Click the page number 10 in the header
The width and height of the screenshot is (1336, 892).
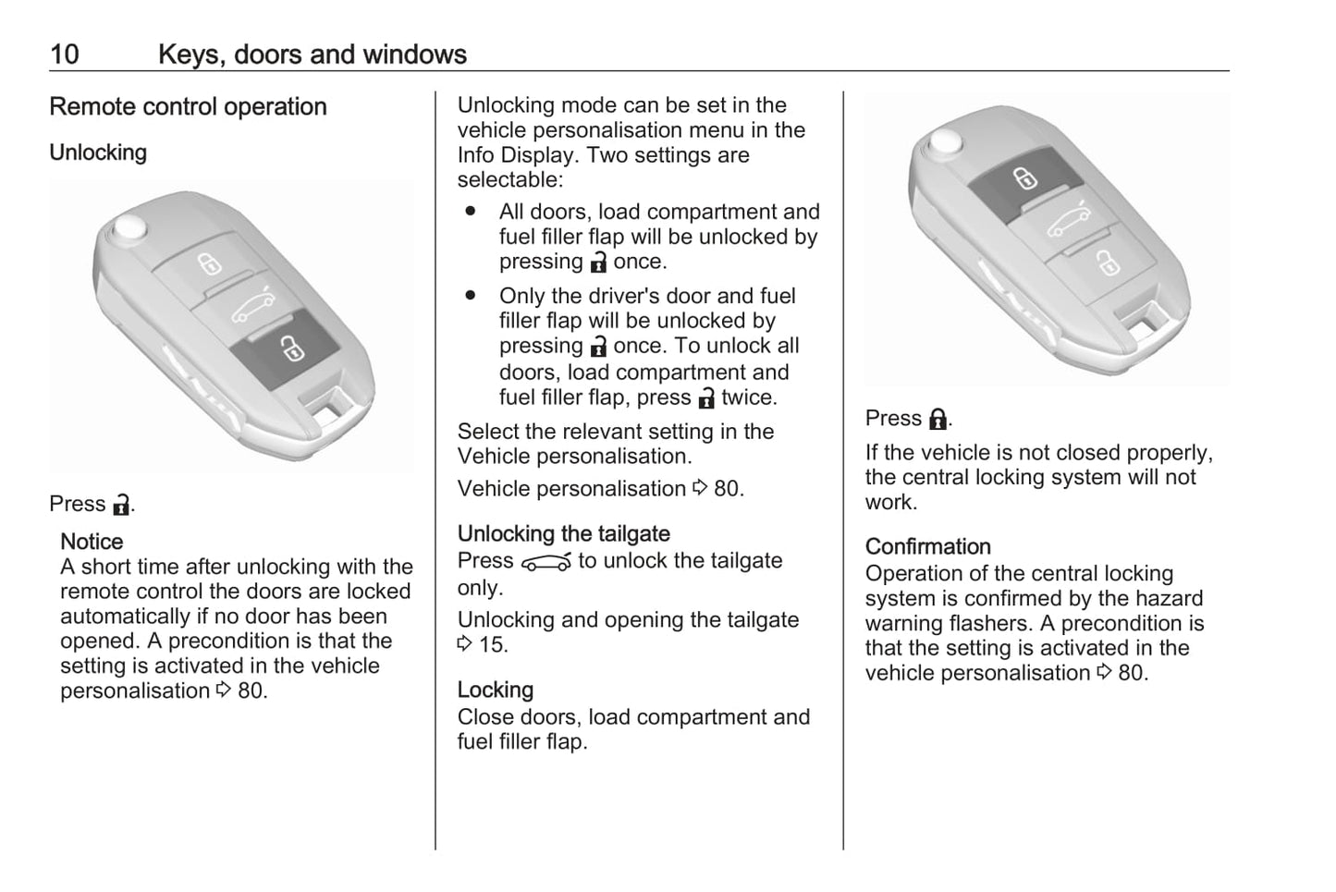[x=64, y=55]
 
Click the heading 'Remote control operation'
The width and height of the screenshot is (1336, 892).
[x=188, y=107]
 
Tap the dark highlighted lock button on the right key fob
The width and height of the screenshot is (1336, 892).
[x=1023, y=177]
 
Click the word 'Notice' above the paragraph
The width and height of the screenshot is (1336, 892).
[x=92, y=542]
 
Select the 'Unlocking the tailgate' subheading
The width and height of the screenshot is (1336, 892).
[x=563, y=534]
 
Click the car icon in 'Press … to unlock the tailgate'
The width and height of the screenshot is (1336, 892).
[x=545, y=562]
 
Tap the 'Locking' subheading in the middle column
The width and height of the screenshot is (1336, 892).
[x=495, y=690]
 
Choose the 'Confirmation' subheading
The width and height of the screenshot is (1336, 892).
[x=927, y=547]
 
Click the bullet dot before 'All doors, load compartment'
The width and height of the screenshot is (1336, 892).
[x=471, y=212]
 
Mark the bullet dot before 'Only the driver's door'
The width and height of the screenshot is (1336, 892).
[x=471, y=296]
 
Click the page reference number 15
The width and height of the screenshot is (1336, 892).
[x=493, y=645]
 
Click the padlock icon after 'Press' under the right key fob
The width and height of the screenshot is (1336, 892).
[x=937, y=420]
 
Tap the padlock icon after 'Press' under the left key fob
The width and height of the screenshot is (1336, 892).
[x=121, y=505]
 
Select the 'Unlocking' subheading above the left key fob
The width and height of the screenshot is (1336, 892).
[x=98, y=153]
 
